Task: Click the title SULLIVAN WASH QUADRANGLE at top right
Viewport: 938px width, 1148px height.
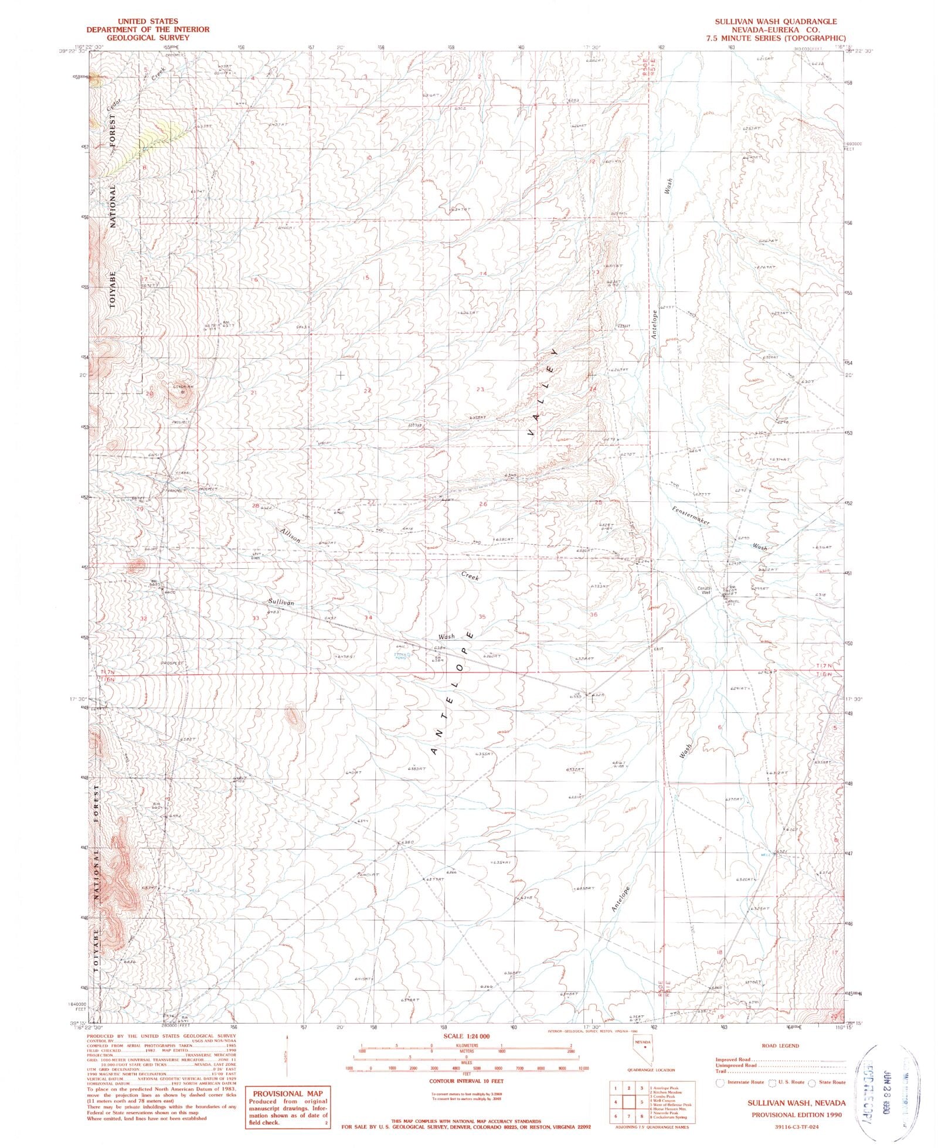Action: tap(775, 21)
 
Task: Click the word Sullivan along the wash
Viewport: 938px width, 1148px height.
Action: tap(281, 602)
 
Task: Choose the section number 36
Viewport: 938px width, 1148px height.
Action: tap(594, 614)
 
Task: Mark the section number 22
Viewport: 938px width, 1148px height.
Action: tap(368, 390)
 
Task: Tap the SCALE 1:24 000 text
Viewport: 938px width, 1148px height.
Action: tap(467, 1037)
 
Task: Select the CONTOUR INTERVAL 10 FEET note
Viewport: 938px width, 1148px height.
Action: tap(466, 1081)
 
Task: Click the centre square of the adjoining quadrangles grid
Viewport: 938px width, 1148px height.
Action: tap(629, 1102)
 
